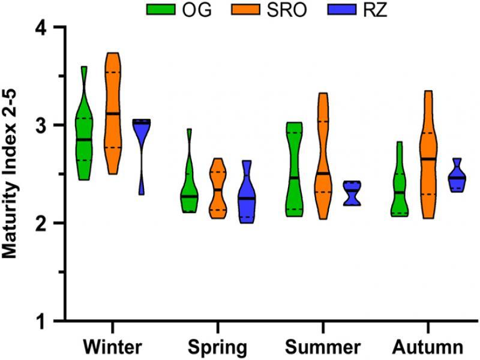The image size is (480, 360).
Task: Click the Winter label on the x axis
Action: click(113, 347)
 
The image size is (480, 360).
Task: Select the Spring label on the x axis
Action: click(217, 347)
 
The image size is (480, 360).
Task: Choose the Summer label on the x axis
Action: click(323, 347)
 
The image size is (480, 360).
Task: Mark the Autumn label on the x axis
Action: click(428, 347)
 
